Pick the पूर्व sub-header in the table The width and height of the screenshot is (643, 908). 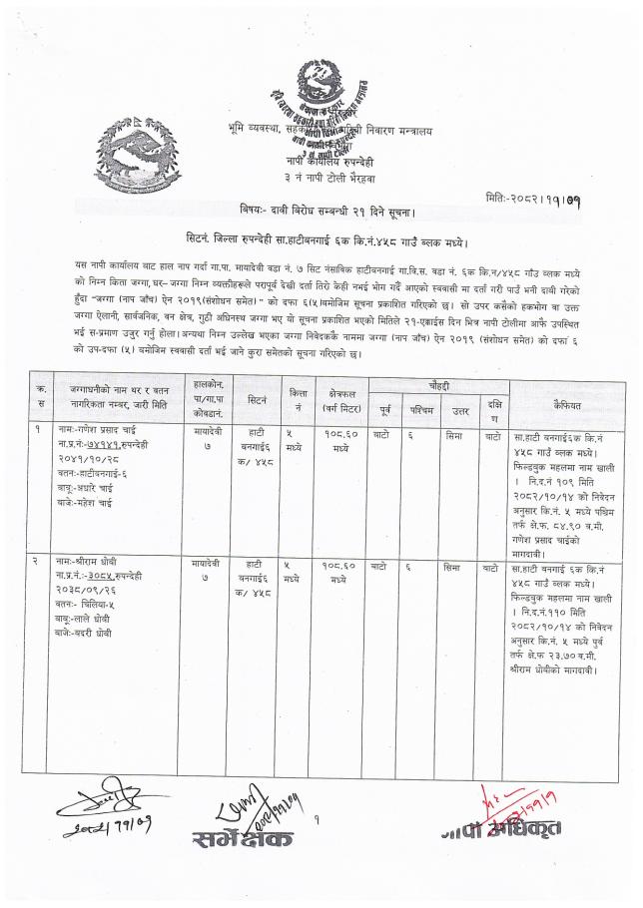tap(385, 409)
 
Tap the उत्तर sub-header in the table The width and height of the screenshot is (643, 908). tap(460, 409)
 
